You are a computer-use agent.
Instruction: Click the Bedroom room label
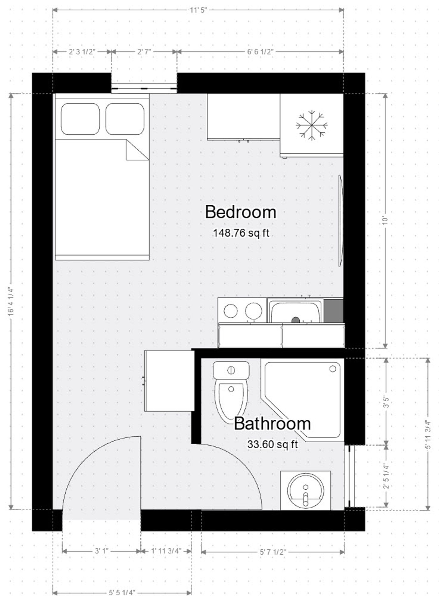tap(240, 212)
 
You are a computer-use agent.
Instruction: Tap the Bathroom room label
tap(272, 424)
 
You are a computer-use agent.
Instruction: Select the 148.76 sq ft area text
tap(241, 233)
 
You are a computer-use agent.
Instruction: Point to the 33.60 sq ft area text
tap(272, 444)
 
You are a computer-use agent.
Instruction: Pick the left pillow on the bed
tap(80, 119)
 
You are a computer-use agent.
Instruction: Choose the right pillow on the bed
tap(125, 119)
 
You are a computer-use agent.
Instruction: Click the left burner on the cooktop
tap(231, 311)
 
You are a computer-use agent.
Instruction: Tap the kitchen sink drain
tap(295, 320)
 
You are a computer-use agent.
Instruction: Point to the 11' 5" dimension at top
tap(198, 10)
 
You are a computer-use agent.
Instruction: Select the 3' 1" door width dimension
tap(101, 551)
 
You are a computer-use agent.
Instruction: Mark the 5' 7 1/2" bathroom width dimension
tap(273, 552)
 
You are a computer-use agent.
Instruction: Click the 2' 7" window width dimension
tap(144, 52)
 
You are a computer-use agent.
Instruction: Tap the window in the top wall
tap(144, 86)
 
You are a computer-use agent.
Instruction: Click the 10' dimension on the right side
tap(385, 220)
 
